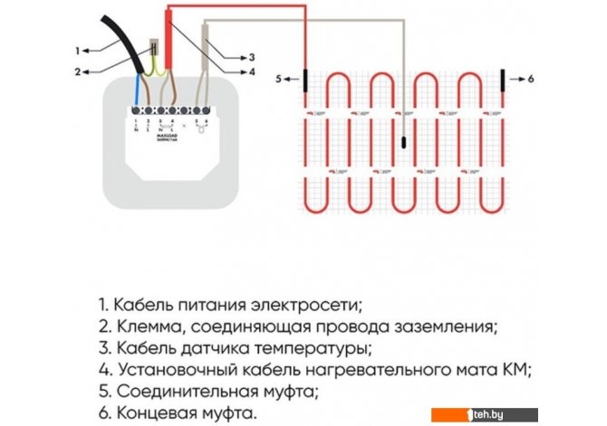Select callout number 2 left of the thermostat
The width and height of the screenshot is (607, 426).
(x=78, y=71)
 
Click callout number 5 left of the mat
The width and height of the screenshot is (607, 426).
(x=280, y=80)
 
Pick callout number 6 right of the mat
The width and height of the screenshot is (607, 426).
(x=530, y=80)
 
